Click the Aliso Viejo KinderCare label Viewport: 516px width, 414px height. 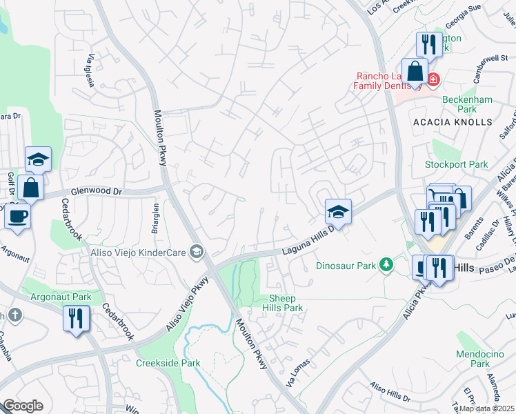coord(138,253)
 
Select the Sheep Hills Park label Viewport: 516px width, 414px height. coord(283,303)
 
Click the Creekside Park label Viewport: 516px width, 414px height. coord(168,363)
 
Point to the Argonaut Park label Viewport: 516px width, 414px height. coord(61,297)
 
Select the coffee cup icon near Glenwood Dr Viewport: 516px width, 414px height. coord(18,216)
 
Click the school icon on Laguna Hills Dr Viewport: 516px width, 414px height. coord(338,211)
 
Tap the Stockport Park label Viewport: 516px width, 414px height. coord(456,165)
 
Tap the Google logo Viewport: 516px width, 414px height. coord(23,406)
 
